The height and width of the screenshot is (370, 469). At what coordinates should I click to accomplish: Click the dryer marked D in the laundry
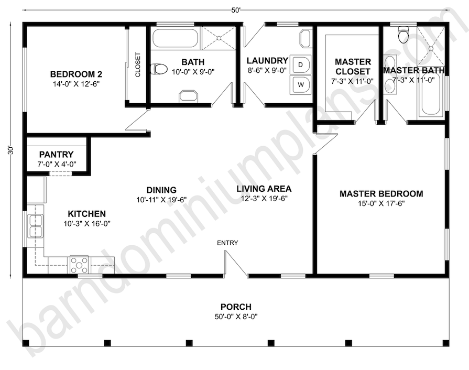(x=301, y=64)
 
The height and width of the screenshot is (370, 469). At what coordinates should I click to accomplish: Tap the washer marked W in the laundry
(x=301, y=85)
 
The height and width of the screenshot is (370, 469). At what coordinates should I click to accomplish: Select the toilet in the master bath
(x=403, y=34)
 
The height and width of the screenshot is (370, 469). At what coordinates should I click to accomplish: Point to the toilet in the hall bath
(x=159, y=69)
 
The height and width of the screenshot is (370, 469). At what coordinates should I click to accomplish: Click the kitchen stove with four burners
(x=79, y=265)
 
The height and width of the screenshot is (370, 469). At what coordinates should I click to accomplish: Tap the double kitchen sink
(x=35, y=226)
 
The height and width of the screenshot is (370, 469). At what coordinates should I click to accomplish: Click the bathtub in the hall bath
(x=176, y=38)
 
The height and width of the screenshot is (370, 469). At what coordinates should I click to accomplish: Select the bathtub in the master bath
(x=430, y=94)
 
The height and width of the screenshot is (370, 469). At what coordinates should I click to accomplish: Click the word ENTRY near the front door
(x=227, y=243)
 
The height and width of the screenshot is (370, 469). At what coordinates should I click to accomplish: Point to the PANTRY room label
(x=56, y=154)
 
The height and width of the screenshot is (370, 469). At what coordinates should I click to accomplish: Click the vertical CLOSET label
(x=138, y=65)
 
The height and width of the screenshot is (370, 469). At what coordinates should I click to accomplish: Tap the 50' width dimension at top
(x=236, y=10)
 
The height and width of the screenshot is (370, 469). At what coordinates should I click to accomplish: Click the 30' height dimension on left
(x=11, y=150)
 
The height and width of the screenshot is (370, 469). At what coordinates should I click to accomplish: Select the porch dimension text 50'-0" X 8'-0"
(x=236, y=317)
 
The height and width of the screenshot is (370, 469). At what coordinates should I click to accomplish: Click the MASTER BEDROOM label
(x=381, y=193)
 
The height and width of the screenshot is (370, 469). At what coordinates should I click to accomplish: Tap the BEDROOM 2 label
(x=77, y=74)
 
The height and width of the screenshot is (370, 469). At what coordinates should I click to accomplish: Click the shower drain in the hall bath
(x=219, y=38)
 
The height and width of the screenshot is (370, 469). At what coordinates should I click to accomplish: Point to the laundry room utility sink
(x=306, y=38)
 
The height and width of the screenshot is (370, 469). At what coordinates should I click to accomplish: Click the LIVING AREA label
(x=264, y=189)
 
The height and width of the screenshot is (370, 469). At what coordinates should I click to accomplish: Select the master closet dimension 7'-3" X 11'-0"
(x=352, y=81)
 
